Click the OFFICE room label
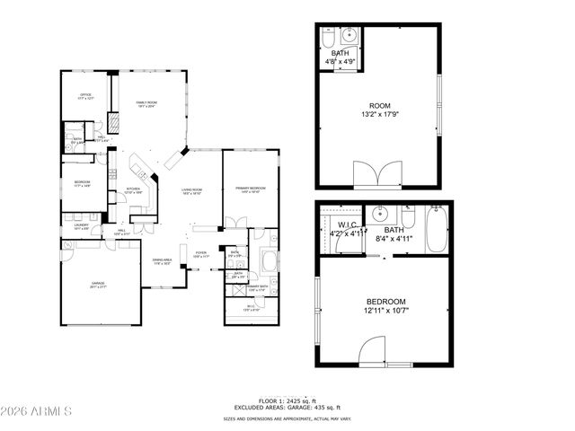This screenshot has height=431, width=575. (86, 94)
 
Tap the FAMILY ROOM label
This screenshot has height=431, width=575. (146, 104)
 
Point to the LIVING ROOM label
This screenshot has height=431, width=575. (191, 190)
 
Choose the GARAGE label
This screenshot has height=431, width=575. (98, 284)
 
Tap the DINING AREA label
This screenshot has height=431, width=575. (162, 262)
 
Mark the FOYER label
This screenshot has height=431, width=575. (201, 253)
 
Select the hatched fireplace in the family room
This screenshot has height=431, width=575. (114, 123)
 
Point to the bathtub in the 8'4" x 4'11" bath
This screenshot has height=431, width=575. (438, 229)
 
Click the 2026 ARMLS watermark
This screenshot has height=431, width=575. (38, 413)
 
